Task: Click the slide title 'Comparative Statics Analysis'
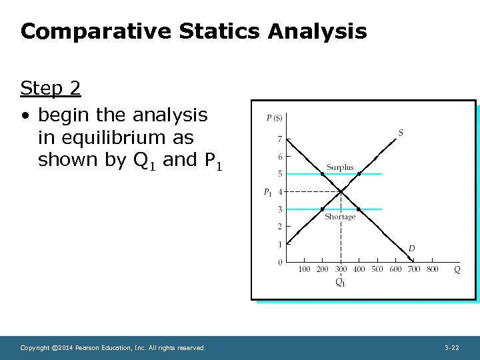(x=193, y=31)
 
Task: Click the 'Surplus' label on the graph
(x=340, y=167)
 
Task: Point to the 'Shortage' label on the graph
(x=340, y=217)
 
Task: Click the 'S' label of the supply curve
(x=401, y=133)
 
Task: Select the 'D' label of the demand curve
(x=411, y=249)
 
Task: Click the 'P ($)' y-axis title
(x=275, y=118)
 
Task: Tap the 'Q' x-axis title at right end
(x=457, y=269)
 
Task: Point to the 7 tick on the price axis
(x=280, y=139)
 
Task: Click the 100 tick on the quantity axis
(x=304, y=269)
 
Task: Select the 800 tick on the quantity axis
(x=432, y=269)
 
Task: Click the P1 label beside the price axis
(x=267, y=193)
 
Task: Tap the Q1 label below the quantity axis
(x=341, y=283)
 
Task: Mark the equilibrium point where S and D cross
(x=341, y=192)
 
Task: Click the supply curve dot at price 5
(x=359, y=174)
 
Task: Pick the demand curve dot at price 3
(x=359, y=209)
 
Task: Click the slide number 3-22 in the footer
(x=451, y=348)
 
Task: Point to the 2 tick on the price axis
(x=280, y=227)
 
